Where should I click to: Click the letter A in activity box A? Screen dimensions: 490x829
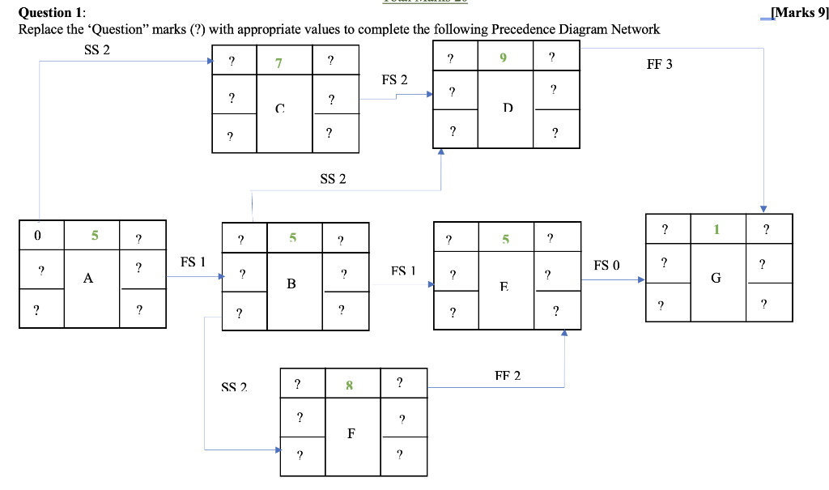click(x=87, y=279)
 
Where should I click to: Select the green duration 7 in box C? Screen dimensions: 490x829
click(x=278, y=62)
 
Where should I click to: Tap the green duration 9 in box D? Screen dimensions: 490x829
click(x=503, y=58)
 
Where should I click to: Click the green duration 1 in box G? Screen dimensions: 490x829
click(x=716, y=230)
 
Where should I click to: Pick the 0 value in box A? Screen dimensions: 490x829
click(x=37, y=236)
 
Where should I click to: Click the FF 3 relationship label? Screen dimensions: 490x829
click(x=659, y=65)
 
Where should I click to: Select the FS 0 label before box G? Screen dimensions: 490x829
click(x=606, y=265)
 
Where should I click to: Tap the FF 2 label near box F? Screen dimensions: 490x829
click(x=508, y=376)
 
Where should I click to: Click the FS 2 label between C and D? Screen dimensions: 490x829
click(x=394, y=79)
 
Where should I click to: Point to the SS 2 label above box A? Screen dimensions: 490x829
click(x=96, y=50)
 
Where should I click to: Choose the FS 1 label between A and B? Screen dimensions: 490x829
click(x=192, y=262)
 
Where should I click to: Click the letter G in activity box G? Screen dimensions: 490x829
click(x=716, y=278)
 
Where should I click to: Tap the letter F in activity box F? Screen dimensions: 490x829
click(x=351, y=433)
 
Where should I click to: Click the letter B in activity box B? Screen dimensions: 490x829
click(x=291, y=284)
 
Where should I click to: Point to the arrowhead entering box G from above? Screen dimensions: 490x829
click(x=763, y=209)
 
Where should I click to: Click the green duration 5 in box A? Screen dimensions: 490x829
click(x=94, y=236)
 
